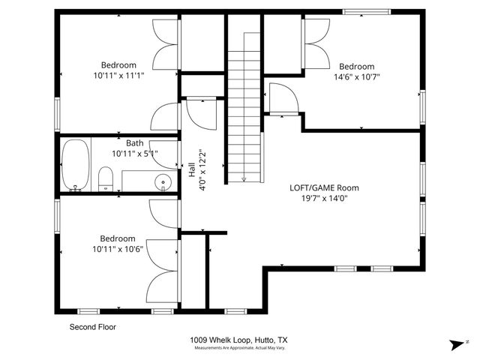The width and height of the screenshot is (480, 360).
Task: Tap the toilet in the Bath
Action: [x=106, y=178]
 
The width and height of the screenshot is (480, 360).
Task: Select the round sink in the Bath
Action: [x=163, y=181]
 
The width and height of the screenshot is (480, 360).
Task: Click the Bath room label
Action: [x=135, y=143]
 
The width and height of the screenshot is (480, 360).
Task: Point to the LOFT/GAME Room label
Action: [x=324, y=188]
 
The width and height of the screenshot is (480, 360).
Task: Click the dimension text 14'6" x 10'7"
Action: [x=356, y=76]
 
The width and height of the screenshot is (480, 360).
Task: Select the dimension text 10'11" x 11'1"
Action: [x=118, y=76]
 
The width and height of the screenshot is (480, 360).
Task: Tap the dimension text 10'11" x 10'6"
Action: [x=118, y=248]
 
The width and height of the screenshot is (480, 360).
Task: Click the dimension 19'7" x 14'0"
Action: [x=324, y=199]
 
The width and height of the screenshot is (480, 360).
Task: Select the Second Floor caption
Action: [x=93, y=327]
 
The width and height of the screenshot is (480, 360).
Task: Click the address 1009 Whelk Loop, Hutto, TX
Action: [x=238, y=340]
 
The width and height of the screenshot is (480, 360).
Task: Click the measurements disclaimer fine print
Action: [x=238, y=348]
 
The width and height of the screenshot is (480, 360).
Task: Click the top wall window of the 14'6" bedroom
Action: [x=366, y=11]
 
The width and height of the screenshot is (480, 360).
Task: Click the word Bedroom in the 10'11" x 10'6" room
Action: [x=118, y=238]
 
